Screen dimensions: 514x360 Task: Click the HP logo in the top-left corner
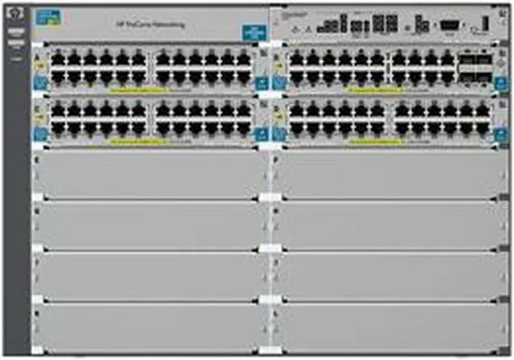click(x=16, y=14)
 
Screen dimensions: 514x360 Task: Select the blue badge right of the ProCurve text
click(x=251, y=31)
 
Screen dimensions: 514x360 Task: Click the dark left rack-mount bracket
click(x=16, y=201)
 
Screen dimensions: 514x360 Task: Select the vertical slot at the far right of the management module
click(x=484, y=23)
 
